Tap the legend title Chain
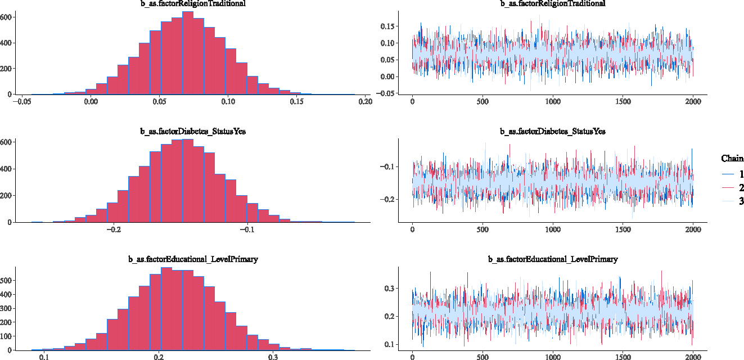pyautogui.click(x=732, y=159)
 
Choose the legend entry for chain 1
pyautogui.click(x=733, y=174)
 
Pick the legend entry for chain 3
pyautogui.click(x=733, y=200)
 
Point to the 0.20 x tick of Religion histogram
pyautogui.click(x=365, y=102)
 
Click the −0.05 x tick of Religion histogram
pyautogui.click(x=24, y=102)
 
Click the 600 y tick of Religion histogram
pyautogui.click(x=6, y=17)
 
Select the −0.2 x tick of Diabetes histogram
pyautogui.click(x=114, y=229)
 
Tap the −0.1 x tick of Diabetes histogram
pyautogui.click(x=247, y=229)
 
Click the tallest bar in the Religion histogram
pyautogui.click(x=188, y=53)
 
